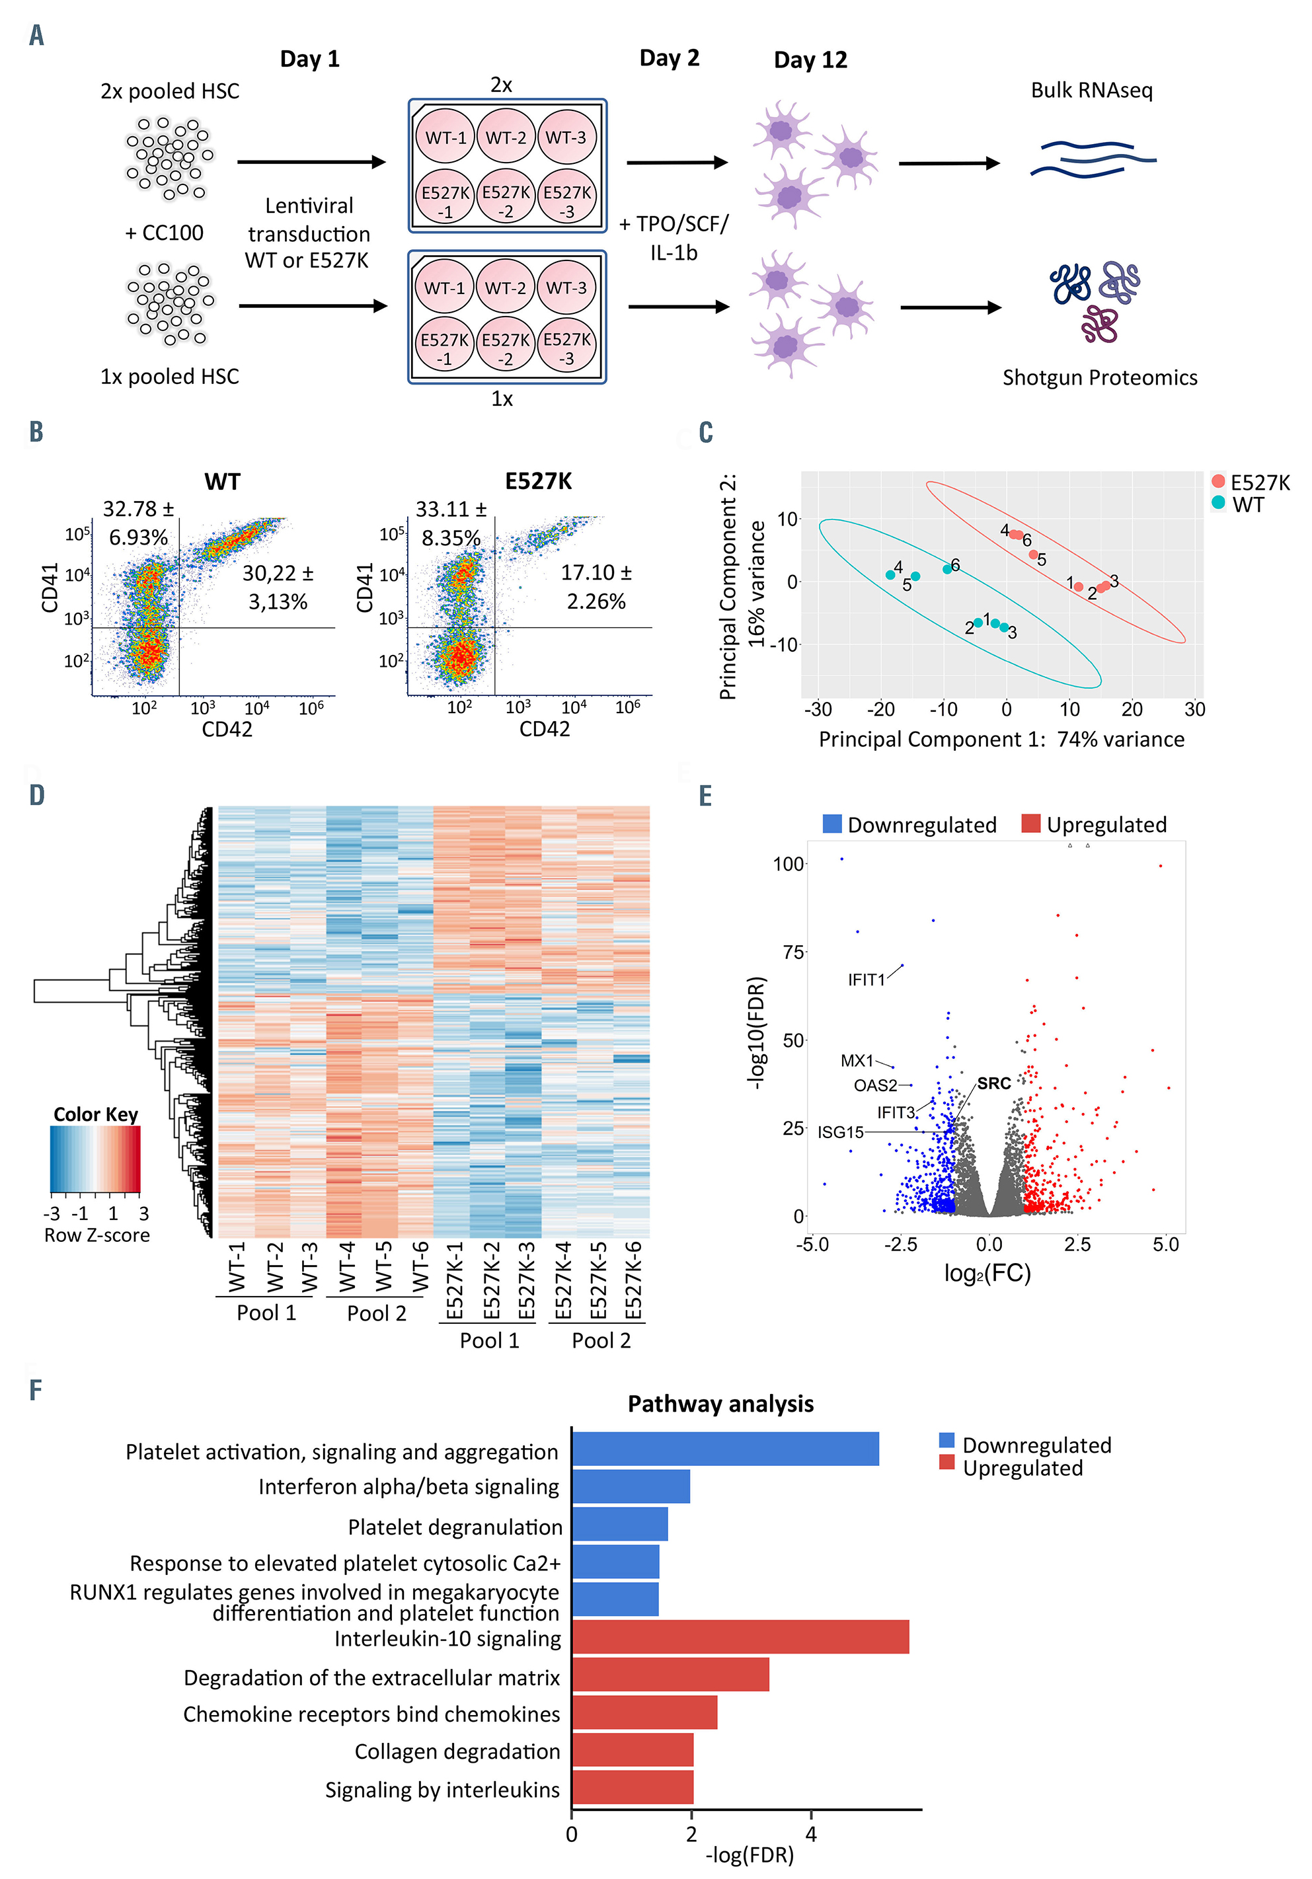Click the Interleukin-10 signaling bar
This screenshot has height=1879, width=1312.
coord(740,1636)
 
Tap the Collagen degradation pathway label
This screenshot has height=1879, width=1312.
coord(457,1751)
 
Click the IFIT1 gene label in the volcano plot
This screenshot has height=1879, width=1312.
coord(866,979)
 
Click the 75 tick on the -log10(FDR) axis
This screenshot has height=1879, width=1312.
coord(793,952)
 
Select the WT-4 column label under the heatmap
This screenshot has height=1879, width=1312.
coord(347,1267)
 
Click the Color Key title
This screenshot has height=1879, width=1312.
coord(96,1114)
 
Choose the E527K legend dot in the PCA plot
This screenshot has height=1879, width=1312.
coord(1218,481)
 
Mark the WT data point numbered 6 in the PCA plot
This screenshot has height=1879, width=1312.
coord(947,569)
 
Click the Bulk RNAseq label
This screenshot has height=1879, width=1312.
coord(1091,90)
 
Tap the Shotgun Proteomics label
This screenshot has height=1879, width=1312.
coord(1099,377)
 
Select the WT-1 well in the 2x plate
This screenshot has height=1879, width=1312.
coord(445,137)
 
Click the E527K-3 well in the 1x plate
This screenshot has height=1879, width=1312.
coord(566,348)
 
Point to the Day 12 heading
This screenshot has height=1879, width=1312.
coord(810,59)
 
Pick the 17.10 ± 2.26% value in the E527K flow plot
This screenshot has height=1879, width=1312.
coord(596,587)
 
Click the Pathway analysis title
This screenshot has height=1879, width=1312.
coord(720,1404)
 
